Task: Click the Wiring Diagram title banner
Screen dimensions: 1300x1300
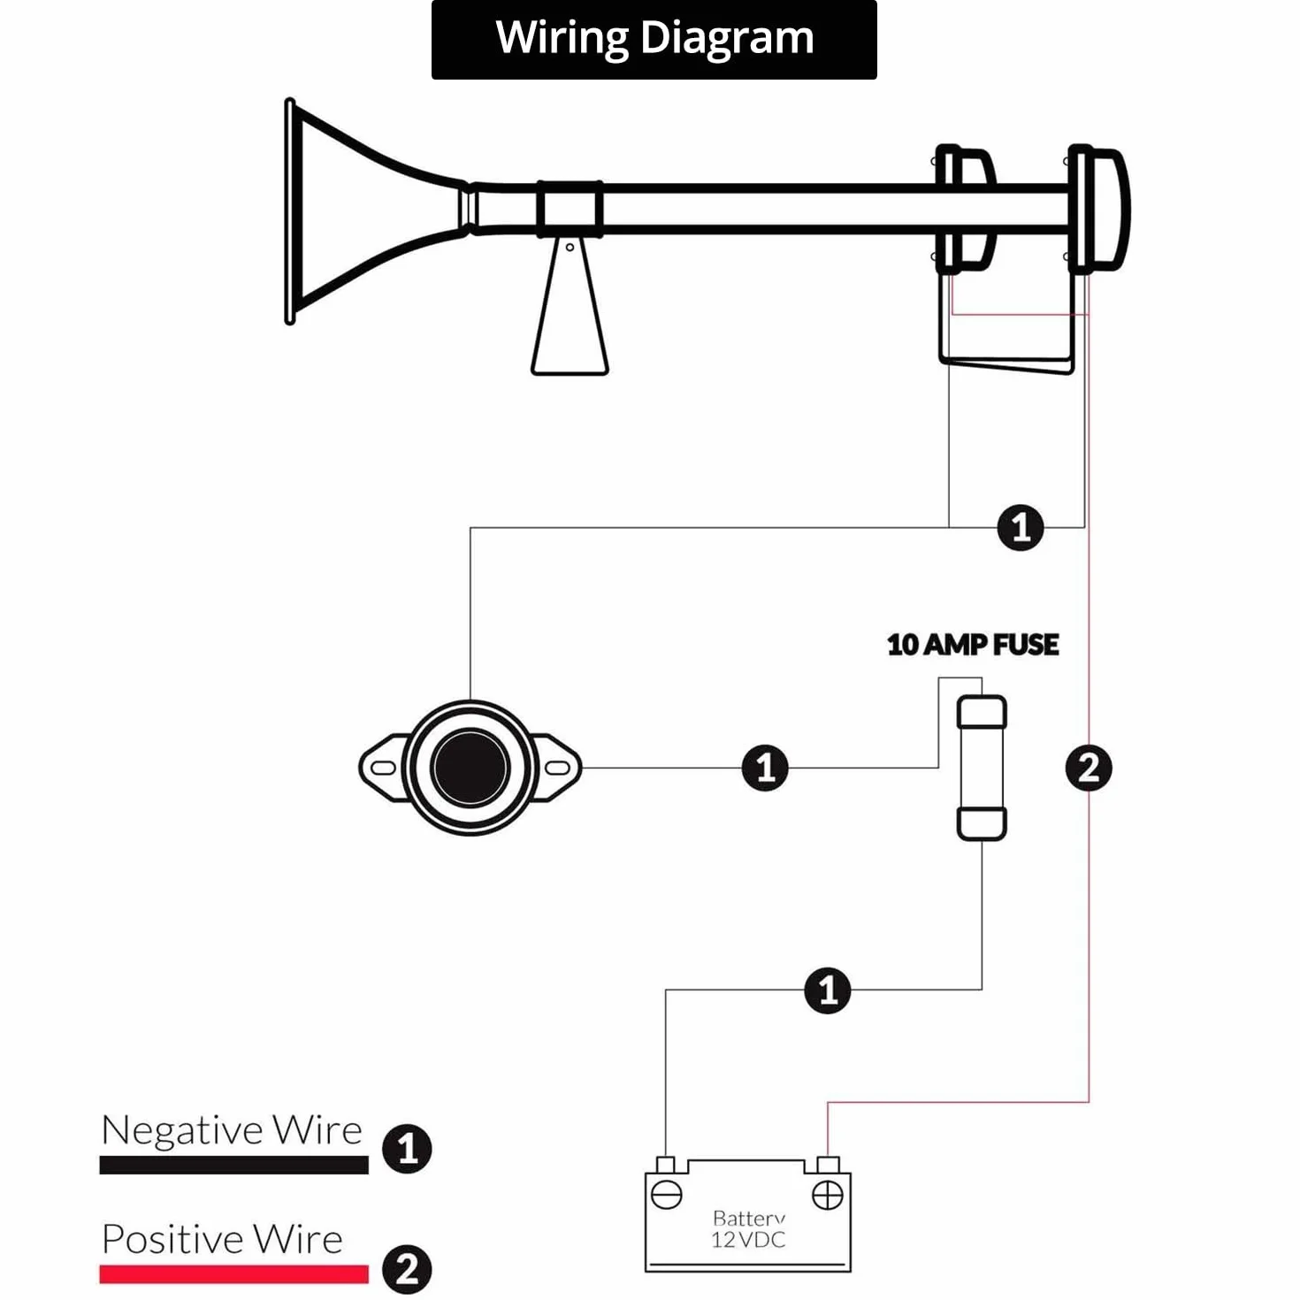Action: coord(654,39)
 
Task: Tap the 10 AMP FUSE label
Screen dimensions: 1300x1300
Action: coord(972,645)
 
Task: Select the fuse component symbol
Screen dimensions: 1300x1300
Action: coord(982,768)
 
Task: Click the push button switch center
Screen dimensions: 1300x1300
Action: coord(470,767)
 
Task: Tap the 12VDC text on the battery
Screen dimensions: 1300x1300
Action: coord(748,1239)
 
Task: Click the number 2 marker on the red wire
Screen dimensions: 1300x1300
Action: coord(1088,768)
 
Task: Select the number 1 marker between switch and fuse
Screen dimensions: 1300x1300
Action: coord(765,768)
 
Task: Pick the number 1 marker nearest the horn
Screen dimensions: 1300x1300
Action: coord(1020,528)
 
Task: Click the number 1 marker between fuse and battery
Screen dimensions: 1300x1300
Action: coord(828,990)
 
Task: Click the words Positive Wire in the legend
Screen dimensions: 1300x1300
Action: coord(223,1239)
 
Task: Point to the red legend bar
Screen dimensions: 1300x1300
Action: coord(234,1273)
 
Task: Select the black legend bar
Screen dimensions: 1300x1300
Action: coord(234,1165)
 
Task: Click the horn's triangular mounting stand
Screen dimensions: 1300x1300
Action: coord(570,307)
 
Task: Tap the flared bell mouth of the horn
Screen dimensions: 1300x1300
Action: coord(351,210)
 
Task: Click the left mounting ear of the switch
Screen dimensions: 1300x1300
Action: coord(383,768)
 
